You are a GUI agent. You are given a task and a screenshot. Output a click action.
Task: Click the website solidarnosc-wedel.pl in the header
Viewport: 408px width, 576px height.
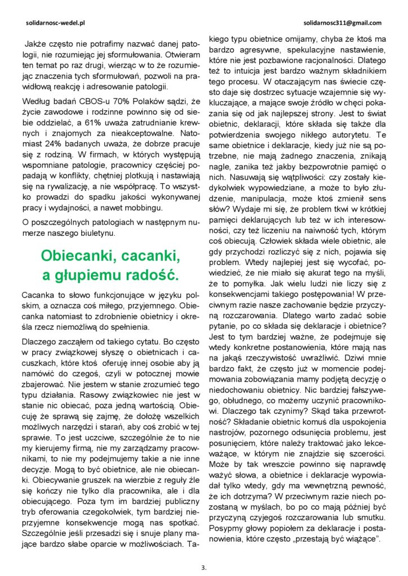tap(55, 24)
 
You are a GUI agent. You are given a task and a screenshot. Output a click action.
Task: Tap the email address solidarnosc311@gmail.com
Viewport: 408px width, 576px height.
tap(342, 24)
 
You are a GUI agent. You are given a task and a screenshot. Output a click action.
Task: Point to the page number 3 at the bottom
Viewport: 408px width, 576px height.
tap(203, 567)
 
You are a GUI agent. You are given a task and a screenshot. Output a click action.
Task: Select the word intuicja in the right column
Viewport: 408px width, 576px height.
tap(263, 71)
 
